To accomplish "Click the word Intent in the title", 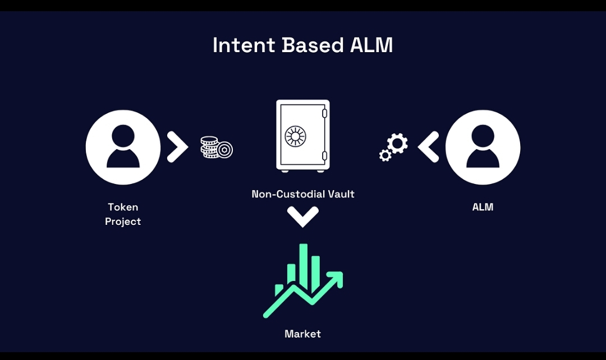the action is (x=244, y=45).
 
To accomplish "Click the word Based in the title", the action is (x=313, y=45).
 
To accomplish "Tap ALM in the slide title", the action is (x=371, y=45).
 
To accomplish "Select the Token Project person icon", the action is (x=123, y=147).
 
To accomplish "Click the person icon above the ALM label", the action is (x=483, y=147).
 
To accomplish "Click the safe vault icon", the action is (x=303, y=136).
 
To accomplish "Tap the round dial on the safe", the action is (x=295, y=136).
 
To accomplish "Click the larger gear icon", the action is (x=398, y=143).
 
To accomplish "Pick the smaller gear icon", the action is (x=385, y=155).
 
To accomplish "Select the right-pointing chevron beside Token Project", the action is (x=177, y=147).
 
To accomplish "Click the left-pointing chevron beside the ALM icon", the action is (x=428, y=147).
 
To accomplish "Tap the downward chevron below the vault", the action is (x=303, y=216).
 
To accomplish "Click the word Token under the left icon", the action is (x=123, y=207).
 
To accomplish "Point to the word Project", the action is (x=123, y=221).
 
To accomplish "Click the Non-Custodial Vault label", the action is (x=303, y=194).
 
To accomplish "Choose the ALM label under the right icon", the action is (x=483, y=207).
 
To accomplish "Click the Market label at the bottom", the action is (x=302, y=334).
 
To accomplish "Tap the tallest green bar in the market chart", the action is (x=304, y=266).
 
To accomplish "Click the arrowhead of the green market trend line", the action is (x=336, y=279).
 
